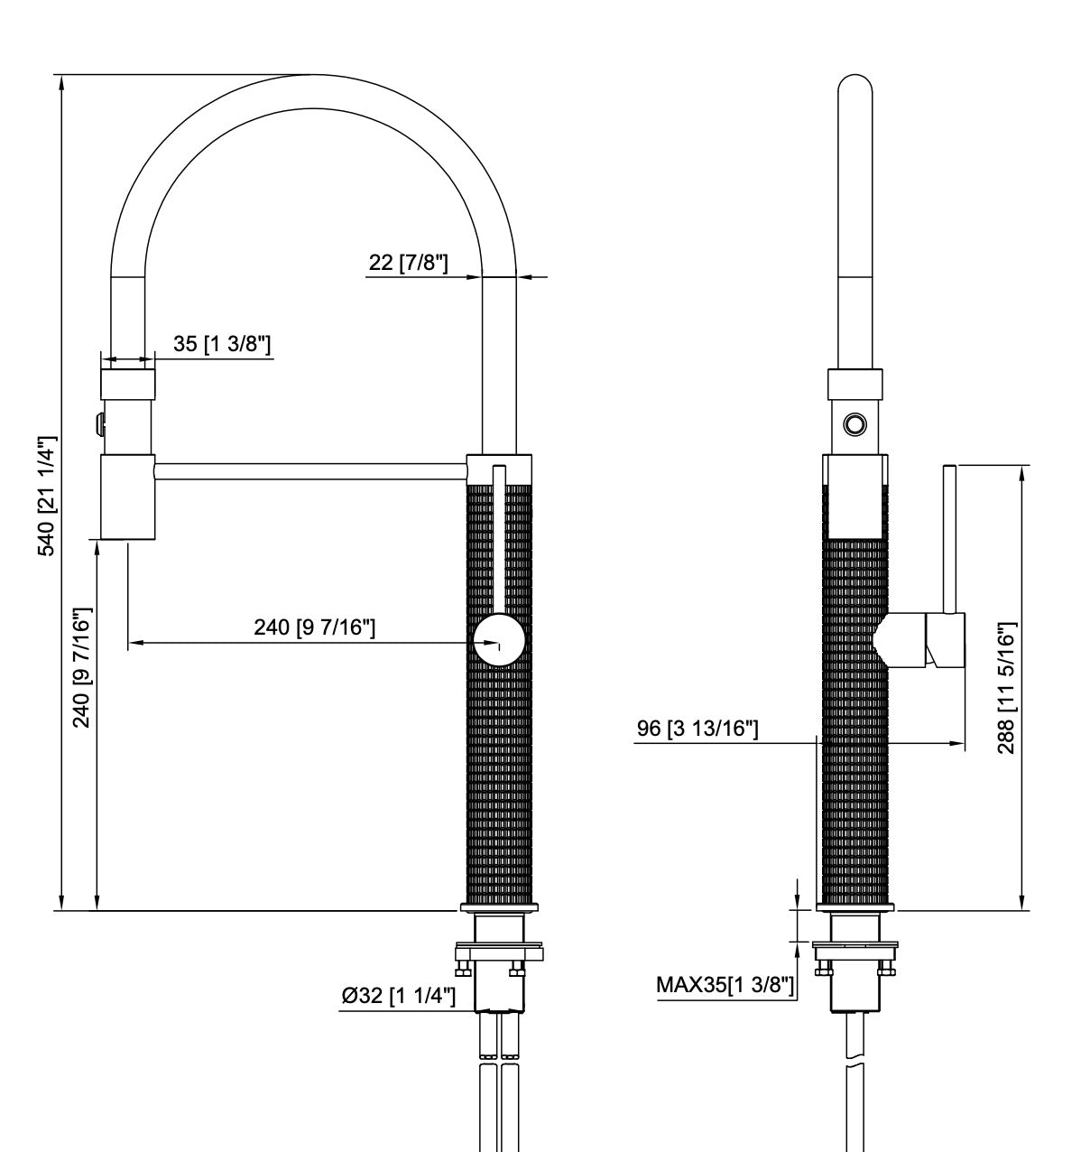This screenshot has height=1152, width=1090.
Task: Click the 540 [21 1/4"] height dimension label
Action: pos(46,496)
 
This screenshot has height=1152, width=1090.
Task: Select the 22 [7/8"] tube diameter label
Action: pos(408,263)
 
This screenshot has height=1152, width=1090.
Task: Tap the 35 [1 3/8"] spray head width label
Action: pos(222,344)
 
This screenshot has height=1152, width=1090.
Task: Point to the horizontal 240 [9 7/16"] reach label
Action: pos(314,627)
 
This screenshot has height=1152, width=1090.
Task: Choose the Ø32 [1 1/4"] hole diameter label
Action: pos(398,996)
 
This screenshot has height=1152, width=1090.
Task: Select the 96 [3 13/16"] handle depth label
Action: pos(697,729)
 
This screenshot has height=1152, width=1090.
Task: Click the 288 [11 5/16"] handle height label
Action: pos(1007,688)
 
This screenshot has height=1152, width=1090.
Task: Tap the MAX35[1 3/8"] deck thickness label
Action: pos(725,984)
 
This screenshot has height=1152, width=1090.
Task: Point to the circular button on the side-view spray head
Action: pos(854,423)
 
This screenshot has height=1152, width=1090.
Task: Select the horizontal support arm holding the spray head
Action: pos(311,469)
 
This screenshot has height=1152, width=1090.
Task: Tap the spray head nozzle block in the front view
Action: pos(127,497)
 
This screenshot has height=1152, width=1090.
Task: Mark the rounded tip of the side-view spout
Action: pos(854,86)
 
